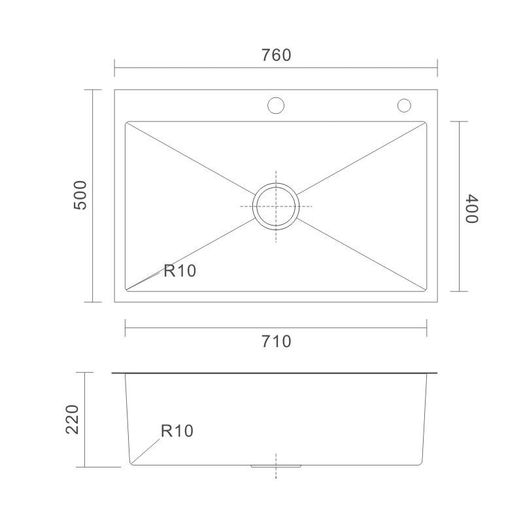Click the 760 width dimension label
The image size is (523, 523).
pos(276,55)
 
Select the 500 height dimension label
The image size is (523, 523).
pos(80,195)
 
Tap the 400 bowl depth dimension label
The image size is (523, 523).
pos(472,209)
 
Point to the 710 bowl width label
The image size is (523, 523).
pos(276,341)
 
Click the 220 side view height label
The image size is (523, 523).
pos(72,420)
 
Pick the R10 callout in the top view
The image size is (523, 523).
pos(180,271)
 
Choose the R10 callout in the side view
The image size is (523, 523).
pos(177,431)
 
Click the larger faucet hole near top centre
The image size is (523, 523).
pos(276,105)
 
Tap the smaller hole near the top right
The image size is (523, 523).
pos(404,105)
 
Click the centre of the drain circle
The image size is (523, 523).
pos(276,207)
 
